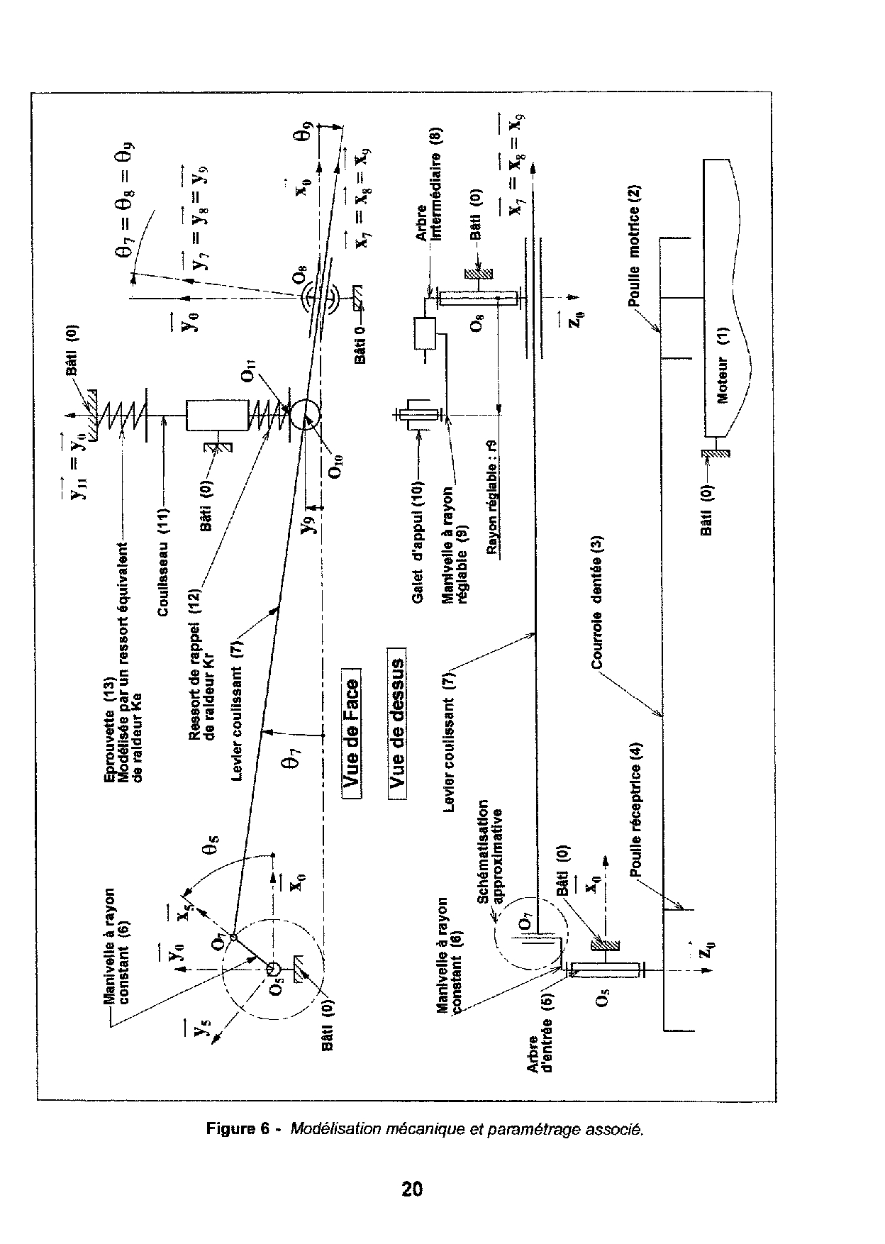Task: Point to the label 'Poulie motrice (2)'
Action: [x=635, y=245]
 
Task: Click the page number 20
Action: [x=412, y=1188]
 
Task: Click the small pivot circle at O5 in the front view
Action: [x=274, y=968]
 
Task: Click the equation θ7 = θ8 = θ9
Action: [x=127, y=201]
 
